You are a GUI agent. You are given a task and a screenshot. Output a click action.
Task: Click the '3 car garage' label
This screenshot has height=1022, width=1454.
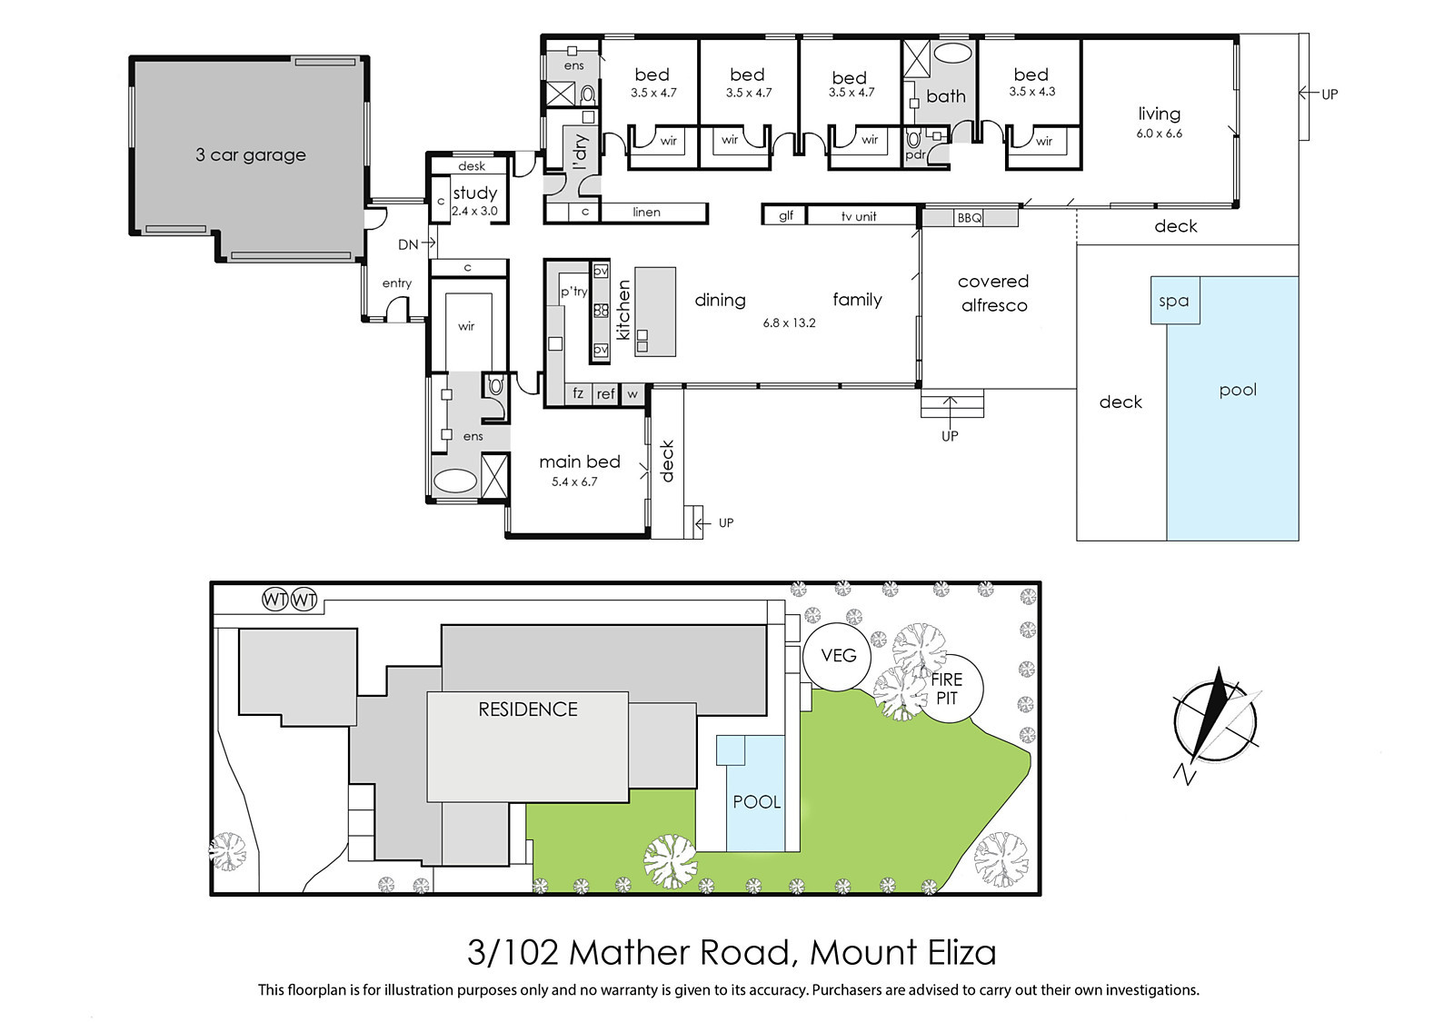[251, 155]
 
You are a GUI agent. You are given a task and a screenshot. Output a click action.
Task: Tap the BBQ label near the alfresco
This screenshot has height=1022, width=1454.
[969, 218]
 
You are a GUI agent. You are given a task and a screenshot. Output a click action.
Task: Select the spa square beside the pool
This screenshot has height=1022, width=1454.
[1175, 301]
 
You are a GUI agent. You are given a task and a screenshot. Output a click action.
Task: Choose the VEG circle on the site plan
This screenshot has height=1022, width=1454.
[837, 656]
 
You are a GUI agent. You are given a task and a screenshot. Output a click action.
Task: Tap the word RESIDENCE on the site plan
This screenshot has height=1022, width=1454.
[528, 709]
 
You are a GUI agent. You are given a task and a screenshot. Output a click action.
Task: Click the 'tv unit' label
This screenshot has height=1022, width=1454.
[858, 217]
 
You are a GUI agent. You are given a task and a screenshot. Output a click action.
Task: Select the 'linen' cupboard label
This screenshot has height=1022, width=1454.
[646, 213]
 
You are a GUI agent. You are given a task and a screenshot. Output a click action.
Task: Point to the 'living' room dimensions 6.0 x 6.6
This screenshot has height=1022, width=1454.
[1160, 134]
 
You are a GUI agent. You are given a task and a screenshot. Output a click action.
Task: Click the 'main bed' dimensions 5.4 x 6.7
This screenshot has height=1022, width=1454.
[574, 481]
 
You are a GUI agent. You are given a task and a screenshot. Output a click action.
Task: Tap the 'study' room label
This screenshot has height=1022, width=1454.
[475, 193]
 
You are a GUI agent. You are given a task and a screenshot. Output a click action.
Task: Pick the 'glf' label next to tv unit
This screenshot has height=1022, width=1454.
[785, 215]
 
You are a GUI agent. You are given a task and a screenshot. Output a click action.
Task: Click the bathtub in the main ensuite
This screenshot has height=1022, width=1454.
[455, 482]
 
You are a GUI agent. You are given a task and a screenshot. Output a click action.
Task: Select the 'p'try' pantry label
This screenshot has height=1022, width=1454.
[573, 292]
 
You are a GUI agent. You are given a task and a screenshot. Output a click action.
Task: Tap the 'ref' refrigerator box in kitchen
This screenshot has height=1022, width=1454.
[605, 394]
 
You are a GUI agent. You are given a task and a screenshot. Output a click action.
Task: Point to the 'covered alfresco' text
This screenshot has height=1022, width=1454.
[994, 293]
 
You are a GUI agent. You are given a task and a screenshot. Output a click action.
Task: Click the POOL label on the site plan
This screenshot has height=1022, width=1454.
[756, 802]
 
